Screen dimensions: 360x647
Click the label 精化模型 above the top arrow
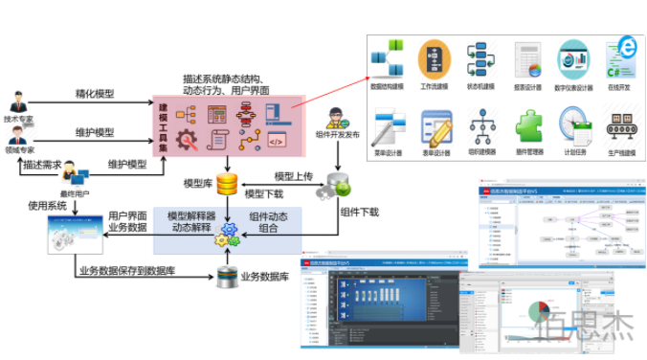coord(95,94)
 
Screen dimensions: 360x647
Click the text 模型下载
coord(265,195)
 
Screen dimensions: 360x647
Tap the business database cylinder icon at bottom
coord(227,277)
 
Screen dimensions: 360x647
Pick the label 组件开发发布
coord(337,135)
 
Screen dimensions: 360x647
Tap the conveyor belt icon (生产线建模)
coord(622,124)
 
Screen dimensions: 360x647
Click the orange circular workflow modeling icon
coord(435,59)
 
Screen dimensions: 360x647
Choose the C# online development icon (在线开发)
coord(622,58)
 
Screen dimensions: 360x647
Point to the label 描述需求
coord(43,164)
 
